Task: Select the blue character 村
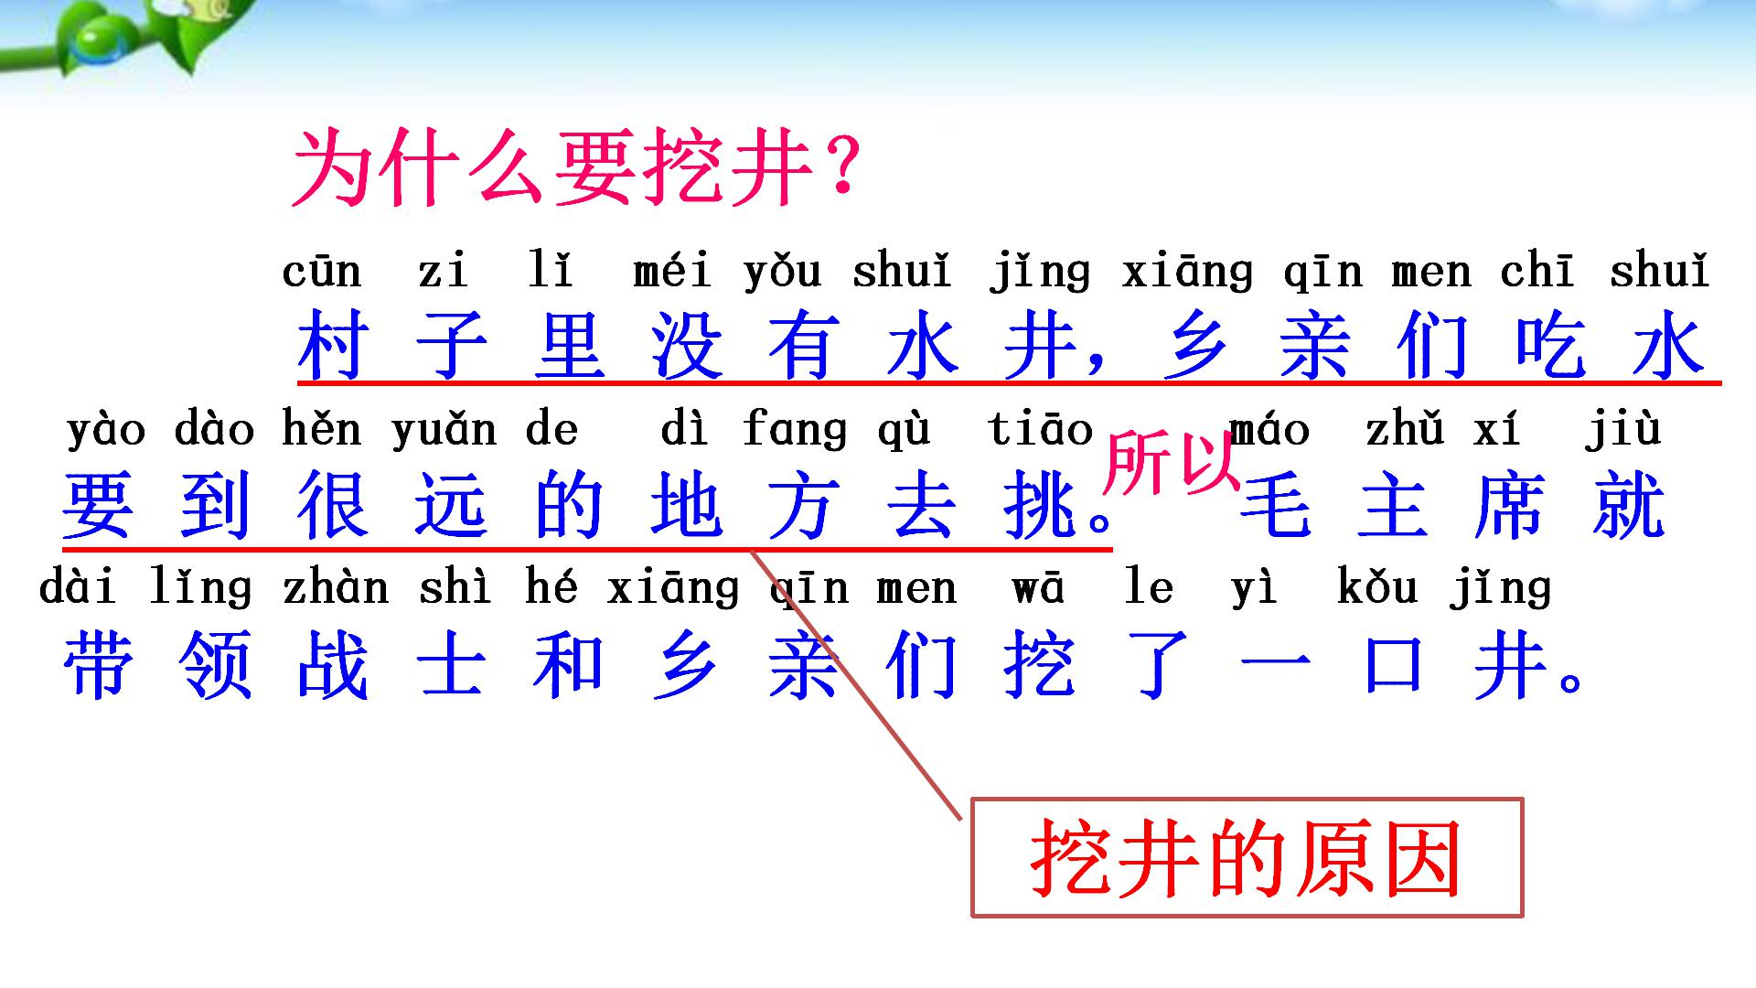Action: click(x=334, y=345)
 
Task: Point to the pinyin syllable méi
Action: click(x=672, y=271)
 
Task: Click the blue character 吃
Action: click(x=1550, y=345)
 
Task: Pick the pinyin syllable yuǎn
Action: click(x=444, y=430)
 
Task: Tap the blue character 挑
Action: click(x=1040, y=506)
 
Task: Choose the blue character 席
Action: click(x=1510, y=506)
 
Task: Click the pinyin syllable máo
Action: click(x=1271, y=430)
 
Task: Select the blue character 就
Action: click(x=1628, y=506)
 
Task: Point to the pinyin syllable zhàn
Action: click(x=336, y=588)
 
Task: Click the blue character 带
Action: click(x=98, y=665)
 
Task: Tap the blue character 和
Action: click(x=569, y=665)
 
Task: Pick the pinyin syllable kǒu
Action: click(x=1377, y=588)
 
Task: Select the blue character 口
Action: click(x=1393, y=665)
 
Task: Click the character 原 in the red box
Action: click(x=1333, y=859)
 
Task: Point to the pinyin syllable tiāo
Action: click(x=1041, y=430)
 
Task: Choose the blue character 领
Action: click(x=216, y=665)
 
